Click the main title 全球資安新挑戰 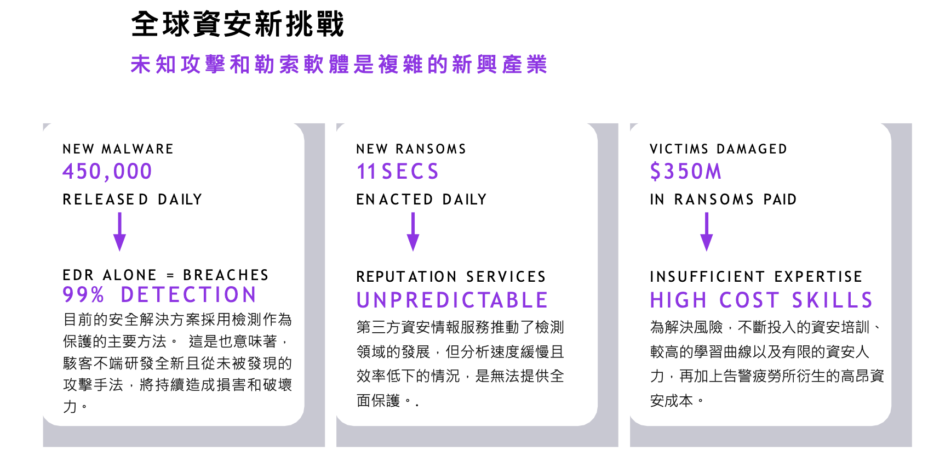point(238,25)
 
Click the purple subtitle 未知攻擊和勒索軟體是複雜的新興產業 point(339,65)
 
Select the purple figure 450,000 point(107,172)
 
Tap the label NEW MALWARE point(118,149)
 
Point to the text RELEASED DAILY point(133,200)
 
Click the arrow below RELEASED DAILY point(119,231)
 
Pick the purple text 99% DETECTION point(160,295)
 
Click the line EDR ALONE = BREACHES point(165,275)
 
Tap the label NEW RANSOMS point(411,149)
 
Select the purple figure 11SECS point(398,172)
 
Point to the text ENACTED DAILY point(421,200)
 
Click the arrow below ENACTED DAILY point(413,231)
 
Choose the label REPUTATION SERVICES point(451,277)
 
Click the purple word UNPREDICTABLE point(452,300)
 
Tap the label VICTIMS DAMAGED point(718,149)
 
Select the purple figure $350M point(686,172)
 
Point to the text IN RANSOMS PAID point(723,200)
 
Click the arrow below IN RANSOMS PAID point(707,231)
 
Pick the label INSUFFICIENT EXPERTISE point(756,277)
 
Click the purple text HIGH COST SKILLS point(761,300)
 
